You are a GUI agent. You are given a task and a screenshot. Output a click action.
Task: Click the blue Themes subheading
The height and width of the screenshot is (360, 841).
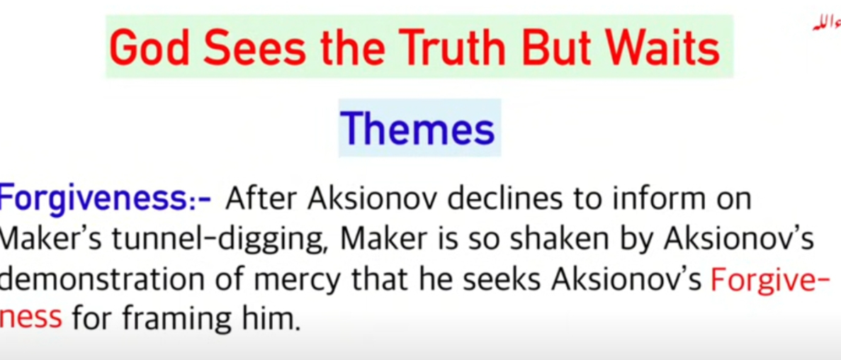click(418, 129)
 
